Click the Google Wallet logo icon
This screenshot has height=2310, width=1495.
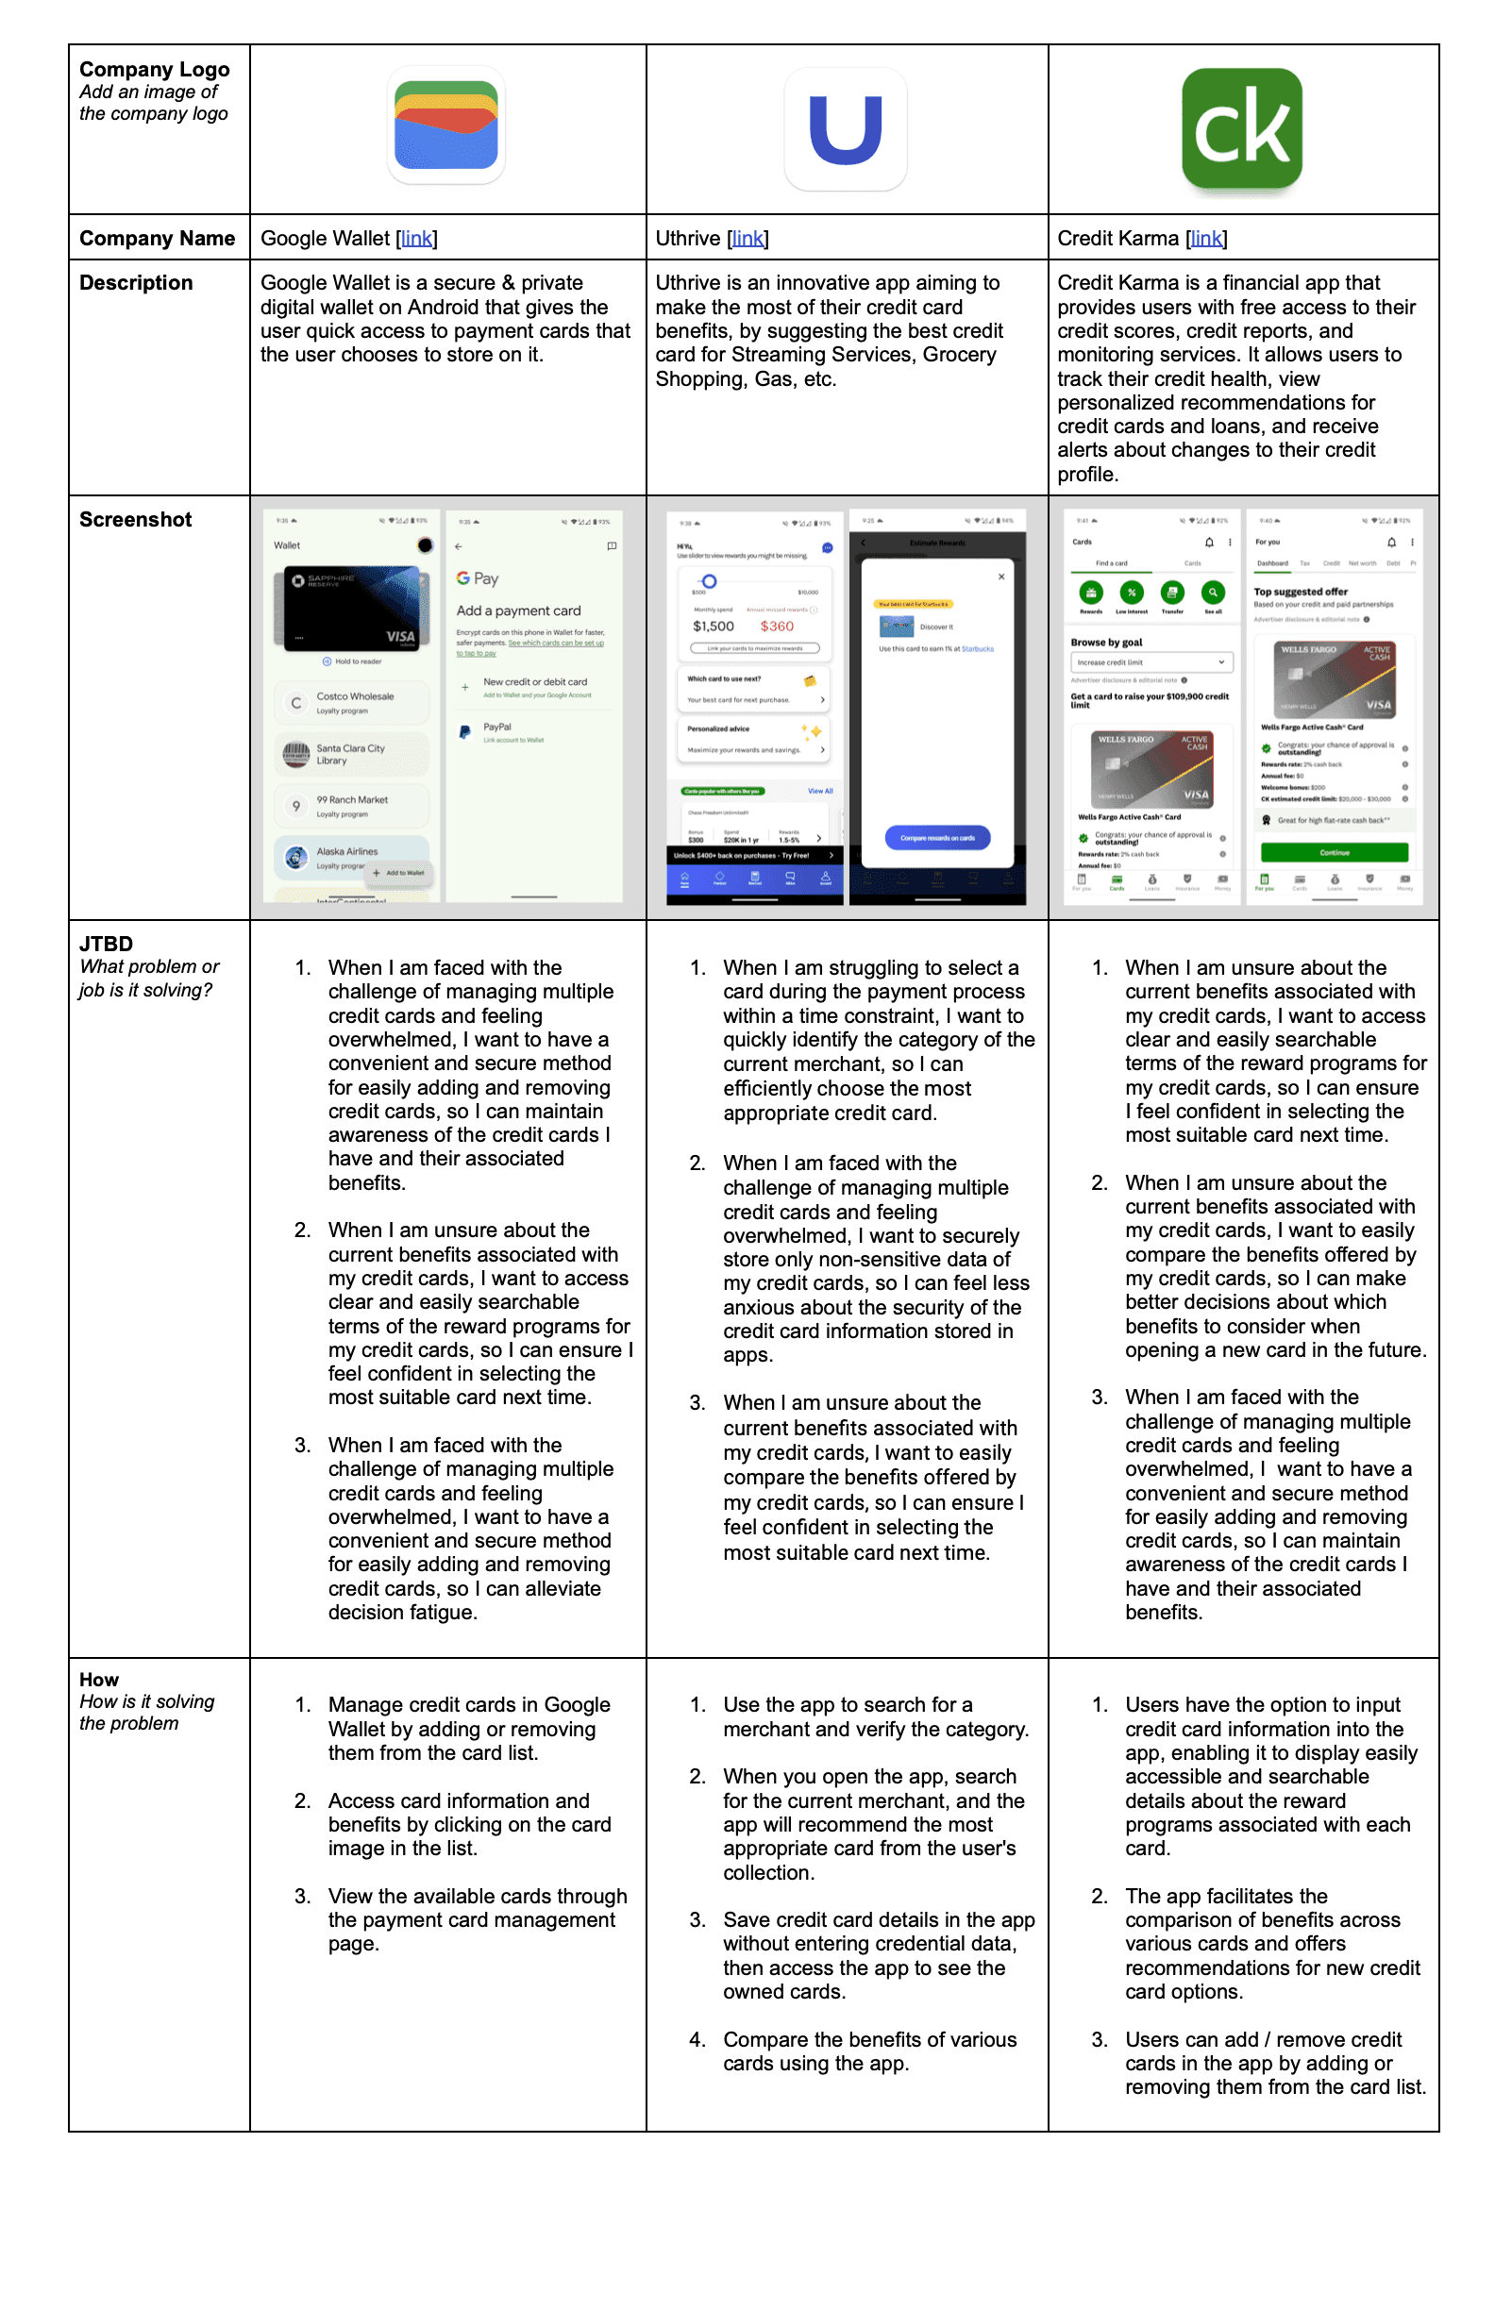tap(445, 126)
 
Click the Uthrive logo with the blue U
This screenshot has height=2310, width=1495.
tap(845, 129)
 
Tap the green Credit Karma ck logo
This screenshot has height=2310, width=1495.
tap(1242, 128)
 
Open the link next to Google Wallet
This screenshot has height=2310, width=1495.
tap(416, 239)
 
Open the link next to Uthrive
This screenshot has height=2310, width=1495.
tap(747, 239)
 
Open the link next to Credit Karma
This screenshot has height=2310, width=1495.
tap(1207, 239)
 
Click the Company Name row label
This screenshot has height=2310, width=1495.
tap(158, 239)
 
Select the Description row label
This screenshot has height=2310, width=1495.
tap(136, 283)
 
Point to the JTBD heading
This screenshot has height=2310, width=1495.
tap(106, 944)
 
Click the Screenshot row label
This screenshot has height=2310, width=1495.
tap(136, 520)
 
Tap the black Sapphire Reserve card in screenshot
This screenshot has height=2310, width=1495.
tap(353, 608)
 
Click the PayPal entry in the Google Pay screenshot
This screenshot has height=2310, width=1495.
tap(497, 728)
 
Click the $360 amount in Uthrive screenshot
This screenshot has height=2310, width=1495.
tap(777, 627)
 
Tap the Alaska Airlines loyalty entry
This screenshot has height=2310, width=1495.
tap(347, 854)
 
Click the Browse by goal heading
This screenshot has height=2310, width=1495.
tap(1106, 643)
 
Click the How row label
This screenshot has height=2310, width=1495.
tap(99, 1679)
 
